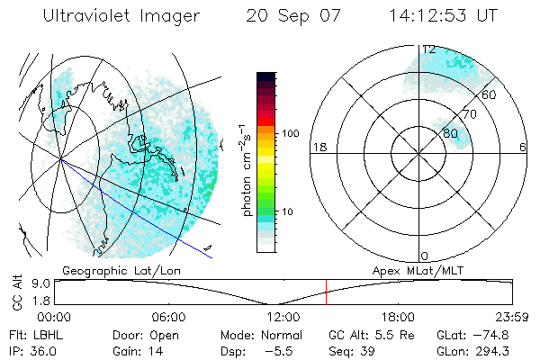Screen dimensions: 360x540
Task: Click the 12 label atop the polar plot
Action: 429,49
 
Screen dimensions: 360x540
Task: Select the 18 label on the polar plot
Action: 318,147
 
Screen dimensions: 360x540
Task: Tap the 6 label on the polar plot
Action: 523,147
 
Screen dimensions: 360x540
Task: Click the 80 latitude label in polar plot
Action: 451,133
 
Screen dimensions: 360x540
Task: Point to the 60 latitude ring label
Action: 490,94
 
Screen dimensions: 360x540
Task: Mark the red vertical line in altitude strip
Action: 326,292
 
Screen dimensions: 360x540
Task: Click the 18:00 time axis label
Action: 398,317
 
